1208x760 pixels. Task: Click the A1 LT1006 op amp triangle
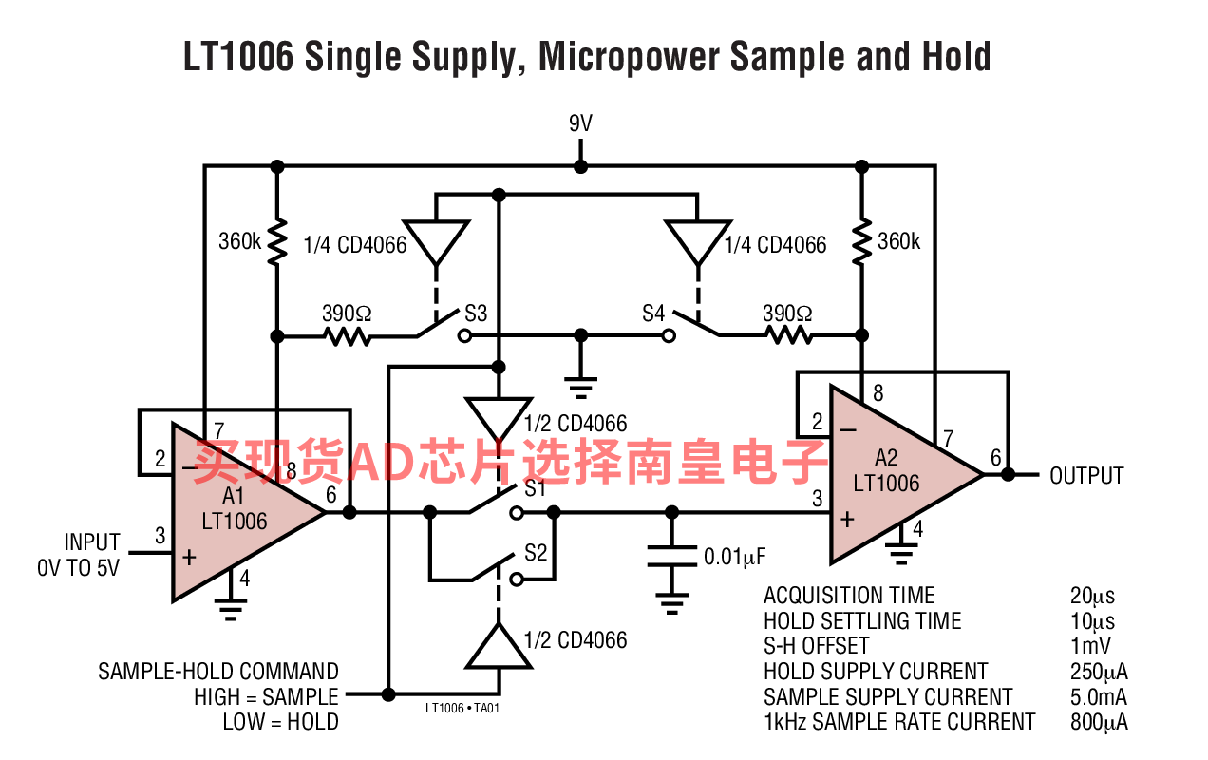tap(237, 513)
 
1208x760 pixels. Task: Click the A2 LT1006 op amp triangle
tap(893, 475)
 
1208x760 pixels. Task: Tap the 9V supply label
tap(581, 124)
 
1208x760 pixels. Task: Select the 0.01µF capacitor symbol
tap(672, 557)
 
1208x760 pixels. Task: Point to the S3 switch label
tap(476, 313)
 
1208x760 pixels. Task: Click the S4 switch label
tap(653, 313)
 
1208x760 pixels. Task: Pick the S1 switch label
tap(536, 489)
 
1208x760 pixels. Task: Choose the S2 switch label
tap(536, 553)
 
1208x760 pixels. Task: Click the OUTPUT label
tap(1086, 476)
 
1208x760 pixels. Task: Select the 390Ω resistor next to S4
tap(786, 335)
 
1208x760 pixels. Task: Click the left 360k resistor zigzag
tap(277, 242)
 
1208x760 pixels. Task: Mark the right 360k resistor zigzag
tap(861, 242)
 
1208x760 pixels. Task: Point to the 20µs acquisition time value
tap(1092, 597)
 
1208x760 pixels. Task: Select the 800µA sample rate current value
tap(1099, 722)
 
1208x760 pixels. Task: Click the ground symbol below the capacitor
tap(672, 601)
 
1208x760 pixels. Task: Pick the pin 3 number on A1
tap(160, 536)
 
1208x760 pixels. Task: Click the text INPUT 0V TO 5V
tap(80, 555)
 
